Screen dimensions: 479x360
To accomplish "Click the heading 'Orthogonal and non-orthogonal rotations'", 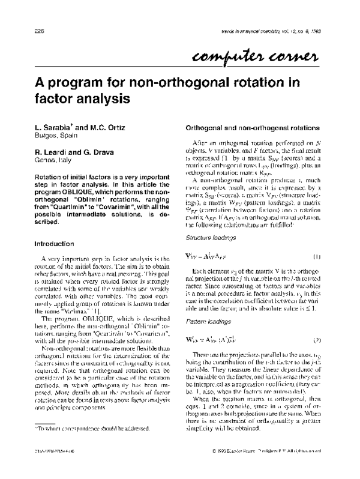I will tap(247, 128).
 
